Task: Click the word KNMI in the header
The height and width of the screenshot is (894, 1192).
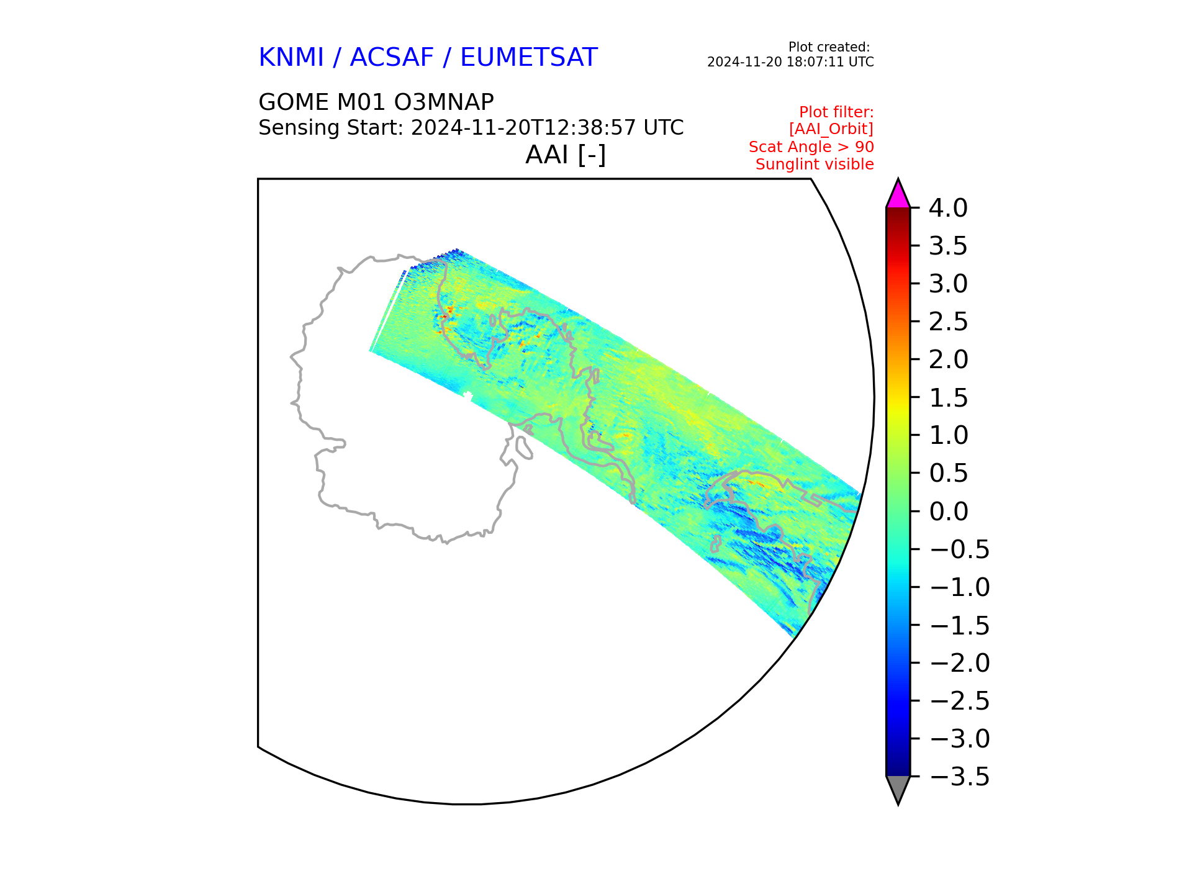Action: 291,58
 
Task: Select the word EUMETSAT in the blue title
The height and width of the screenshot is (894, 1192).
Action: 529,58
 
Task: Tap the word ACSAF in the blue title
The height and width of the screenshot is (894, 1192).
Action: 392,58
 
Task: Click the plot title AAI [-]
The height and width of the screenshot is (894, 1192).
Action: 566,155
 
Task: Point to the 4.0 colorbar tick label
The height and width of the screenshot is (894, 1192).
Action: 948,209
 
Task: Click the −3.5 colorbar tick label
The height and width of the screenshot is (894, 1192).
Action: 959,777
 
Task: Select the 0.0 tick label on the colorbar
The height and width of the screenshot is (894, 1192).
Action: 948,512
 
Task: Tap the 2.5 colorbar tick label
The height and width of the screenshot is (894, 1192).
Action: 948,322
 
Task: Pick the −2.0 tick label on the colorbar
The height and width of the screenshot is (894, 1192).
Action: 959,663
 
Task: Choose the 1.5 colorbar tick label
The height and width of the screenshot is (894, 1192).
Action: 948,398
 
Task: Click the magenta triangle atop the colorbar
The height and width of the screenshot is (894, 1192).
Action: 898,195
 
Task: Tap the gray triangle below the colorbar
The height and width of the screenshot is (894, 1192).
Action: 898,790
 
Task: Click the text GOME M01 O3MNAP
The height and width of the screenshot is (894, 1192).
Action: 376,102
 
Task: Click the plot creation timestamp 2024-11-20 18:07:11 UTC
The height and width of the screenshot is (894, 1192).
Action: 790,62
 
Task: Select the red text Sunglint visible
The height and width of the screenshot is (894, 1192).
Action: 815,165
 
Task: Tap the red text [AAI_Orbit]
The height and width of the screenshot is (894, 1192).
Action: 831,129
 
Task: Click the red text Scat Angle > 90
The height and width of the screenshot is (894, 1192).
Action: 811,147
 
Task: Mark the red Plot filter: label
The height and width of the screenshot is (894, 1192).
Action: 836,112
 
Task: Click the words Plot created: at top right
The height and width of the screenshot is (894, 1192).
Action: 829,47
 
